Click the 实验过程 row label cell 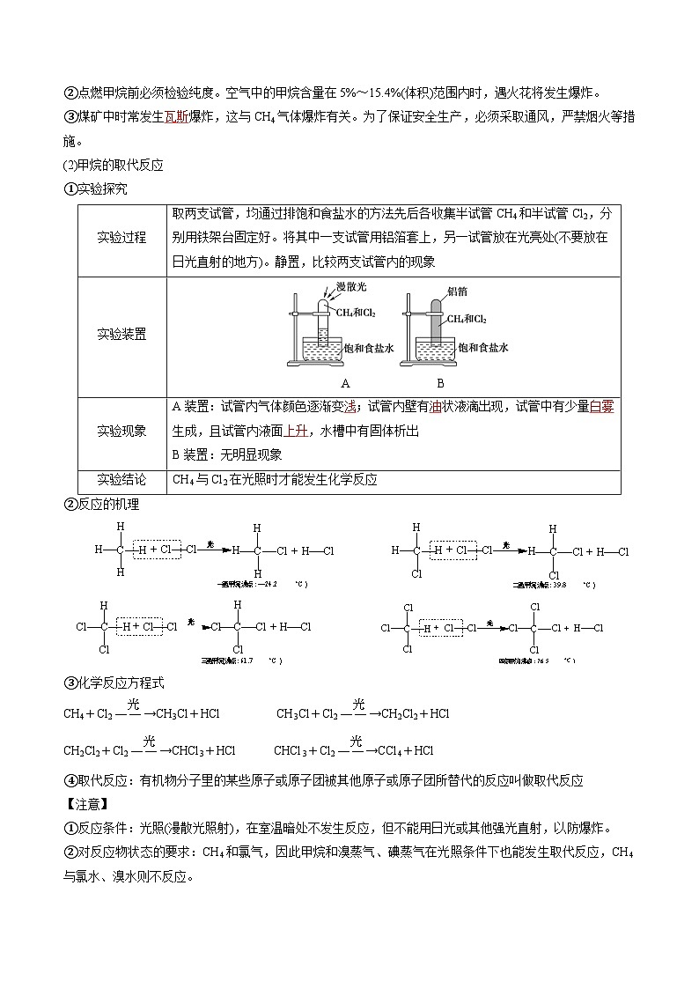pyautogui.click(x=121, y=239)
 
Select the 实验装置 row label pyautogui.click(x=121, y=335)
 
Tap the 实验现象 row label pyautogui.click(x=121, y=431)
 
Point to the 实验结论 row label pyautogui.click(x=121, y=479)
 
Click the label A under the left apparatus pyautogui.click(x=345, y=383)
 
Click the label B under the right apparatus pyautogui.click(x=440, y=383)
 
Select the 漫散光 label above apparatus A pyautogui.click(x=351, y=288)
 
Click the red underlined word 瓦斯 pyautogui.click(x=177, y=116)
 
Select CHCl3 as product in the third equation pyautogui.click(x=188, y=751)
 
